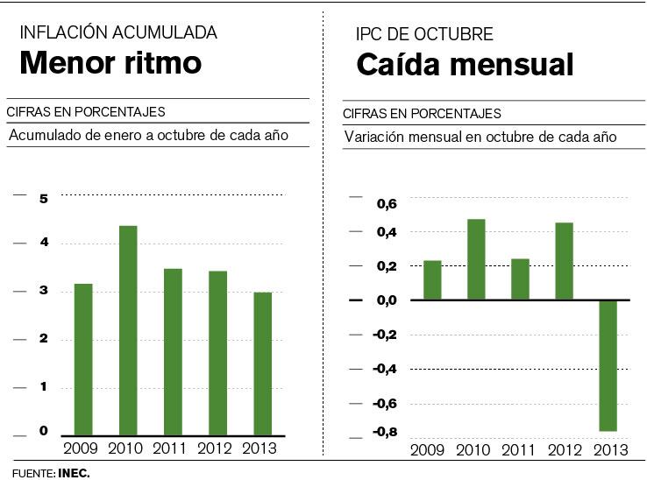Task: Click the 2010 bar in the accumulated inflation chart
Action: [x=128, y=330]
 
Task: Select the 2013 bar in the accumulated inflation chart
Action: [x=262, y=364]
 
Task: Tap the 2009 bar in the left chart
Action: [x=83, y=359]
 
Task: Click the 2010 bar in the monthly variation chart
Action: [x=476, y=259]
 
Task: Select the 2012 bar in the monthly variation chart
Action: [x=565, y=261]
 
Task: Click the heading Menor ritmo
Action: [x=110, y=63]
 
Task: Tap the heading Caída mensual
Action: [x=465, y=65]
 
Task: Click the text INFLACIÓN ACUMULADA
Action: [x=118, y=33]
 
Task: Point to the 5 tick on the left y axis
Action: [x=44, y=198]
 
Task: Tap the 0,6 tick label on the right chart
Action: [x=387, y=204]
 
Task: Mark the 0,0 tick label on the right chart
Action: [x=387, y=300]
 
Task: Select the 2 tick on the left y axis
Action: [x=44, y=339]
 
